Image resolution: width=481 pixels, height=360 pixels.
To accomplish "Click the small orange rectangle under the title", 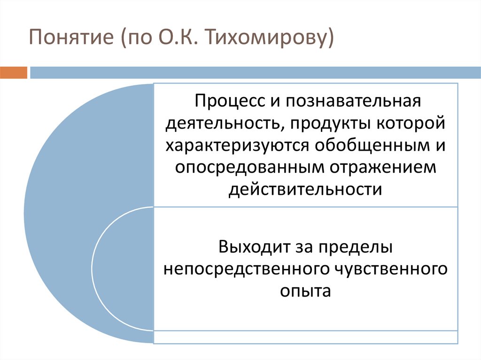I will [14, 72].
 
